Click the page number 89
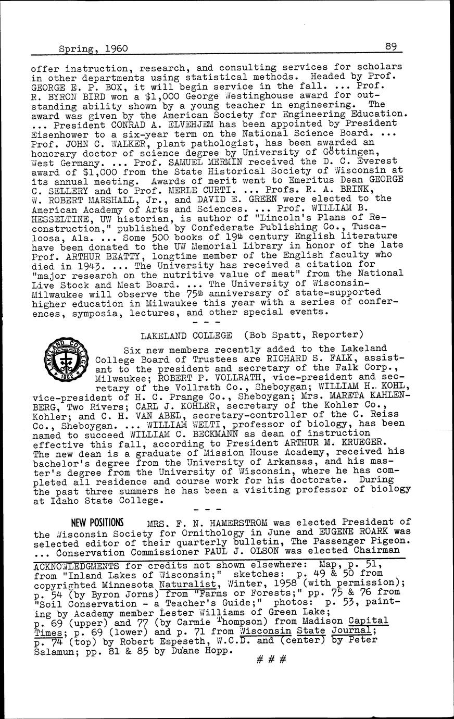(391, 46)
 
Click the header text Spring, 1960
(93, 49)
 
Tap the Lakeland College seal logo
(66, 364)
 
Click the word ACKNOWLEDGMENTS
(75, 565)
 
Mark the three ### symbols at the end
(272, 659)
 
